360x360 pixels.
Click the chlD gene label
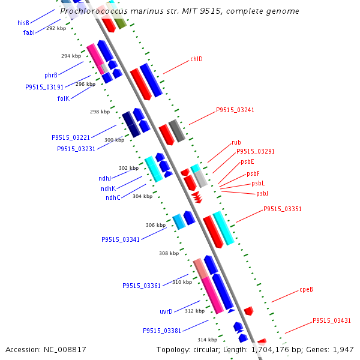(196, 59)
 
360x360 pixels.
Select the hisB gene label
(23, 22)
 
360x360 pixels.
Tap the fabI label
(29, 32)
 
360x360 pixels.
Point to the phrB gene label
(51, 75)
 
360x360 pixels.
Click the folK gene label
(64, 98)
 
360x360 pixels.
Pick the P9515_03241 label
(235, 110)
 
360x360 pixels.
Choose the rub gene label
(236, 143)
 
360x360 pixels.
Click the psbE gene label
(247, 161)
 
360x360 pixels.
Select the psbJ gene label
(262, 193)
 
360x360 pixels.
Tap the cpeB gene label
(306, 289)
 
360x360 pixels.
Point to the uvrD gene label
(166, 311)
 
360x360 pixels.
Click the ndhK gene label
(109, 188)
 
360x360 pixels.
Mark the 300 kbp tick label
(114, 140)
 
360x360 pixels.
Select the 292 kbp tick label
(56, 28)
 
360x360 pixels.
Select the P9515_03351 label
(283, 209)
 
